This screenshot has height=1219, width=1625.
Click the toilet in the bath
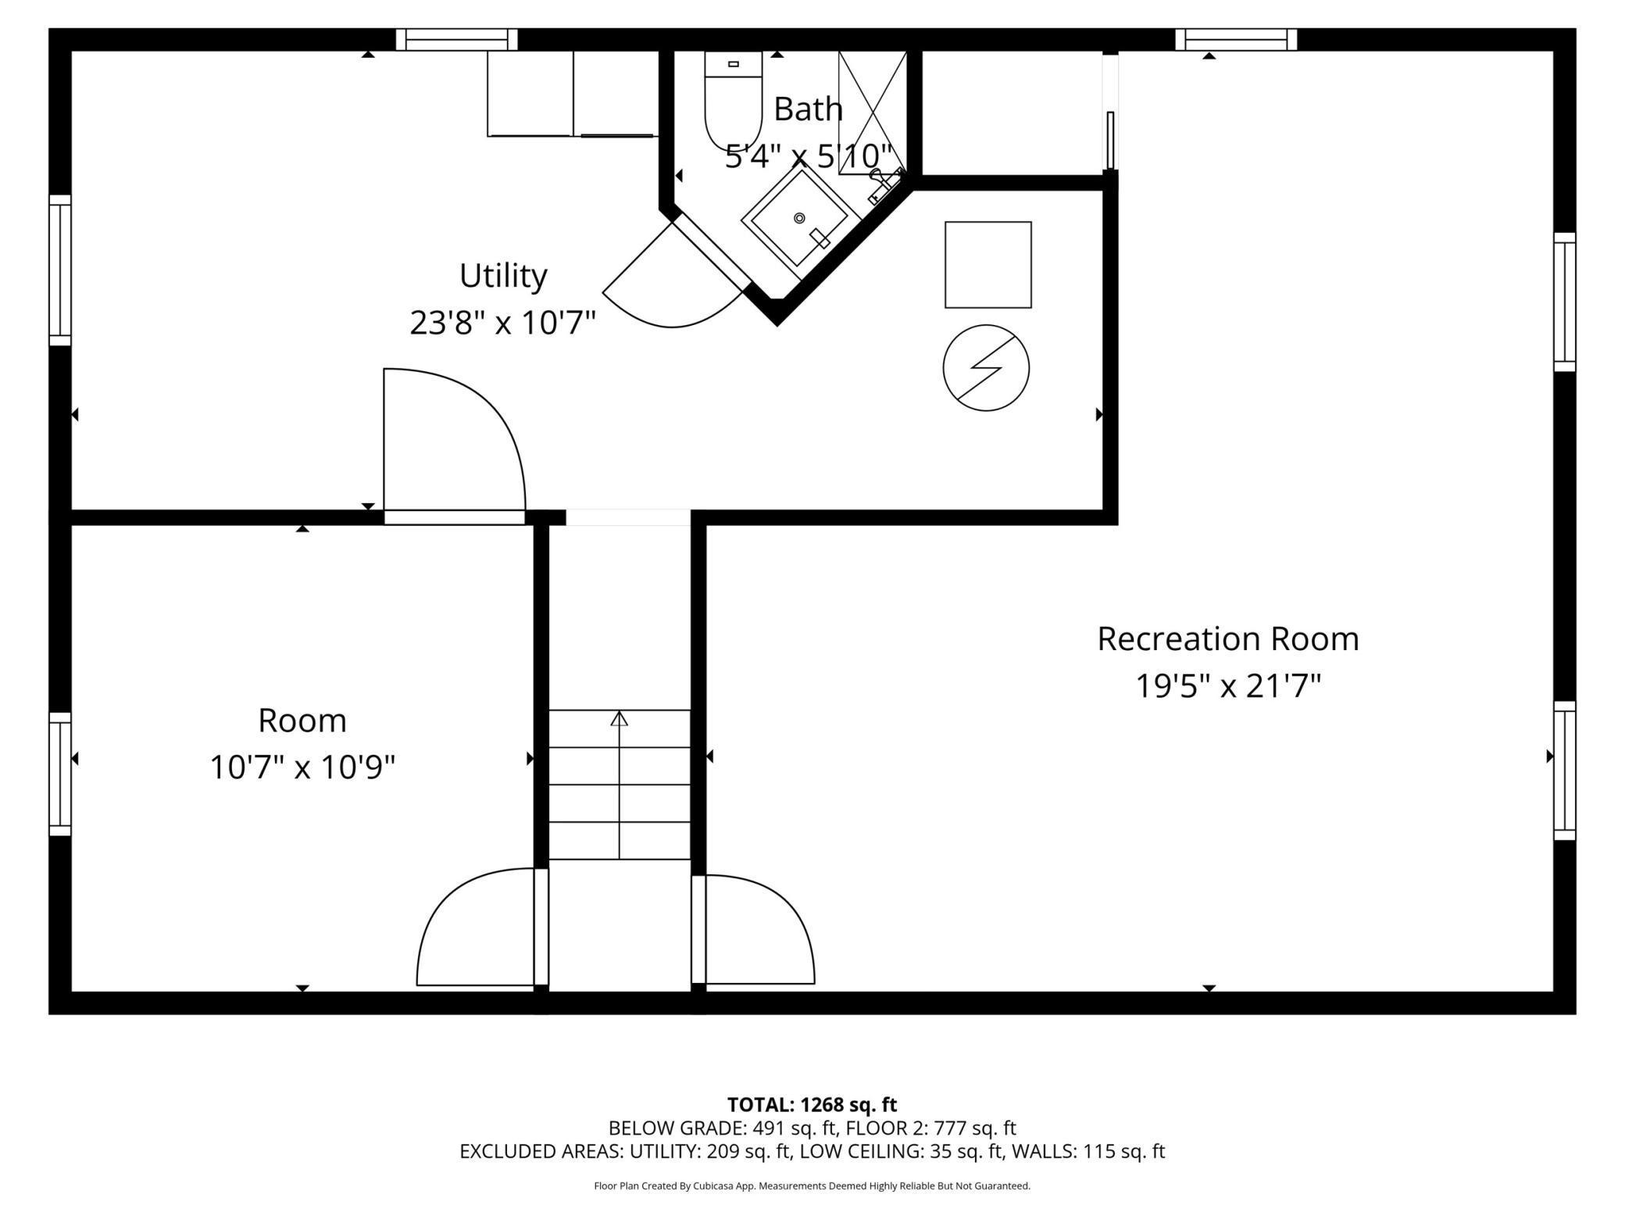pos(733,101)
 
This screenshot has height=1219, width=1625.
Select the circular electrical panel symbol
pos(986,367)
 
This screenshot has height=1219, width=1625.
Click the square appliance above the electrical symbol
pos(988,264)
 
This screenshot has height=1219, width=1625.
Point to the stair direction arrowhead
pos(620,718)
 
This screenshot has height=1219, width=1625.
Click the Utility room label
pos(503,275)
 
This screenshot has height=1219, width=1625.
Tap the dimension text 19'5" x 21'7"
pos(1227,687)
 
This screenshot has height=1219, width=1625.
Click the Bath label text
pos(808,109)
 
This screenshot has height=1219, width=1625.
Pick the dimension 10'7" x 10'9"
pos(302,767)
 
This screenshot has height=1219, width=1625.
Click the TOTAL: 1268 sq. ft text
pos(812,1105)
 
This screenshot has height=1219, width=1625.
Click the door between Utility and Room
pos(454,446)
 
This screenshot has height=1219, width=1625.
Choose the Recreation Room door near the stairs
pos(753,929)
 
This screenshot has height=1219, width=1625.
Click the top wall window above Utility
pos(457,39)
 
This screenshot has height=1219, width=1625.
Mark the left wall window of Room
pos(60,774)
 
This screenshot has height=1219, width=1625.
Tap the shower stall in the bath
pos(872,113)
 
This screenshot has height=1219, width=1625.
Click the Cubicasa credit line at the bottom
pos(812,1186)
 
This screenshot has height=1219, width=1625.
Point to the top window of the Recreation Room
pos(1236,39)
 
